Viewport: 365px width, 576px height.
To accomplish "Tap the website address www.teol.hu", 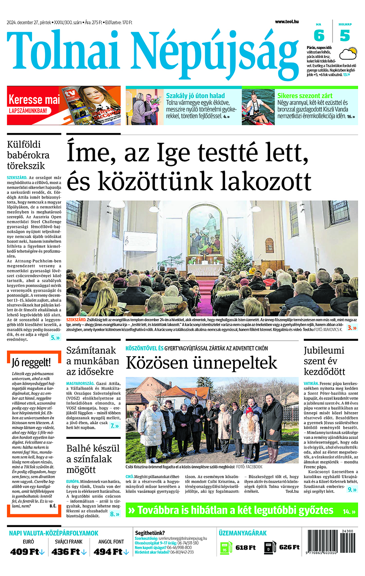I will point(287,21).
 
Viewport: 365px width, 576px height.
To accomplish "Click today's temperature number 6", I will point(319,36).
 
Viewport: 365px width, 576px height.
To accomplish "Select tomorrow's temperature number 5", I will point(345,36).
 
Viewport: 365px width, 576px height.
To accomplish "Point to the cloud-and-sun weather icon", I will point(348,54).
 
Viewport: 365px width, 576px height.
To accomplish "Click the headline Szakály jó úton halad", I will point(195,96).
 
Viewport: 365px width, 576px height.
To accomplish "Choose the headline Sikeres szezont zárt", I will point(305,96).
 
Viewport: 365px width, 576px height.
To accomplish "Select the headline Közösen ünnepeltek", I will point(201,363).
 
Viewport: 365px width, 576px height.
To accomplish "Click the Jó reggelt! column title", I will point(31,362).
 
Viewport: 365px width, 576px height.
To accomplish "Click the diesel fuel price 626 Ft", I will point(289,547).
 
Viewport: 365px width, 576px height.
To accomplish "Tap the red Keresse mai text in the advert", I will point(34,99).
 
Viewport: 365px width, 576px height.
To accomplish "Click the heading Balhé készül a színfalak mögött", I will point(93,459).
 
